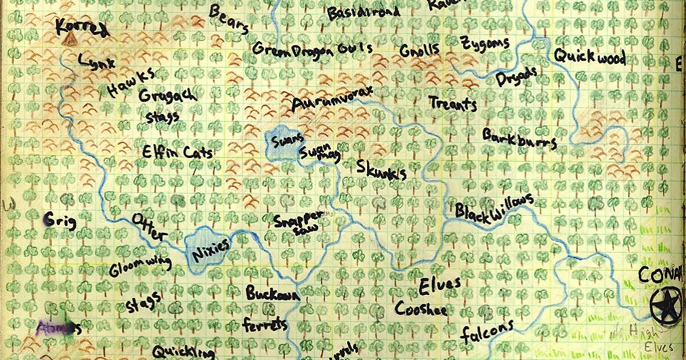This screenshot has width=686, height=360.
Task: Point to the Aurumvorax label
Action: tap(332, 98)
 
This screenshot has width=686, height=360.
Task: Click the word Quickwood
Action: tap(589, 58)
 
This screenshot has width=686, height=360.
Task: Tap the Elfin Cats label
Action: tap(178, 153)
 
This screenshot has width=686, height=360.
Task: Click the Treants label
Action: tap(453, 104)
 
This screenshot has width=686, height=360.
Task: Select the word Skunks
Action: tap(381, 169)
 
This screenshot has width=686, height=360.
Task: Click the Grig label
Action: tap(60, 221)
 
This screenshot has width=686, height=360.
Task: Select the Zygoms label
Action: tap(485, 44)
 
